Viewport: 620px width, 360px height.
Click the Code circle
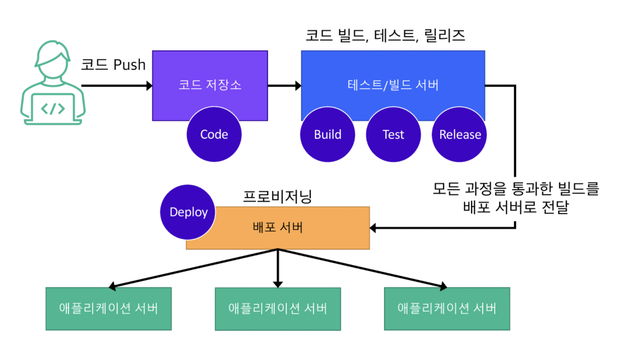click(214, 134)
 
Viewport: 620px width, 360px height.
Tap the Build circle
click(327, 134)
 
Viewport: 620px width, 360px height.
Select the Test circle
click(393, 134)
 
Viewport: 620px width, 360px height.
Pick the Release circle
click(459, 134)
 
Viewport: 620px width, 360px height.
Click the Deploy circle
click(188, 212)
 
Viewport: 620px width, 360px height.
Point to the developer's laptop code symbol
click(53, 108)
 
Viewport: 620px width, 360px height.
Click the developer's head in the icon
click(53, 61)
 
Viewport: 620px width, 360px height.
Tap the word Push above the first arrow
click(129, 65)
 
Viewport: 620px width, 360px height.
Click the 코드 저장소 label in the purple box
click(210, 85)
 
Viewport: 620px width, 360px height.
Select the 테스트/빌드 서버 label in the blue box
click(393, 85)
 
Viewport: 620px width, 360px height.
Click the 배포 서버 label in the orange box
click(278, 227)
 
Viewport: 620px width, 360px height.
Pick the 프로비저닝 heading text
click(277, 197)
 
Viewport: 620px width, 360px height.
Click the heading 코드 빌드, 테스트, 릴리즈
click(385, 36)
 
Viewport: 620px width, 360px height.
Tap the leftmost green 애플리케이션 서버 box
click(108, 309)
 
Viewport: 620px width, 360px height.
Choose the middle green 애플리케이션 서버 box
click(278, 309)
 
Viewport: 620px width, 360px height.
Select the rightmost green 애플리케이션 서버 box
click(447, 309)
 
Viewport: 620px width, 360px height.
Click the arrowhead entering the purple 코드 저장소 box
click(149, 86)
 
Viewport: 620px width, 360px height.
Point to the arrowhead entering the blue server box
click(298, 86)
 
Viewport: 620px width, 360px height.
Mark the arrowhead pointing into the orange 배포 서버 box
click(373, 228)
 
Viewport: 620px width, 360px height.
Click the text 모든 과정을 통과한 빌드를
click(516, 188)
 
